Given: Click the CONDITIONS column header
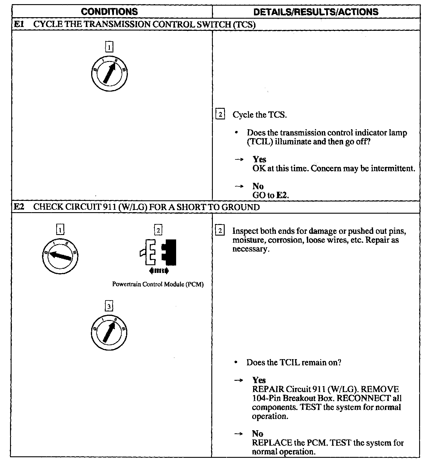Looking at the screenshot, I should click(x=109, y=12).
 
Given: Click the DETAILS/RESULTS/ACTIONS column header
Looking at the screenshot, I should click(x=316, y=12).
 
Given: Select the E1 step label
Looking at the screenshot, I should click(x=19, y=24).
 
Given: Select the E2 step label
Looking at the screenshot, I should click(x=19, y=207).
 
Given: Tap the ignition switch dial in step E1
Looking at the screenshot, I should click(x=109, y=73).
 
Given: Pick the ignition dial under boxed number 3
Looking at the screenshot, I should click(x=109, y=331).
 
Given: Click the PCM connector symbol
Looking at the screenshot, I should click(x=158, y=252).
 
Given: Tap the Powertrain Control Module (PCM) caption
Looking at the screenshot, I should click(x=158, y=284).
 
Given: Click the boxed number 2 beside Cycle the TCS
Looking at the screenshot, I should click(x=220, y=114).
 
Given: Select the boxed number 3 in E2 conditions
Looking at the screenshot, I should click(x=109, y=306).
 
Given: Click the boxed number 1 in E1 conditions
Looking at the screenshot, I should click(x=109, y=47).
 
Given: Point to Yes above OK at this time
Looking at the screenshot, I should click(x=259, y=159).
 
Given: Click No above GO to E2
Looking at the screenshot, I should click(x=258, y=186).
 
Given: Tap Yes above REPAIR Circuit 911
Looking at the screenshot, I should click(x=259, y=380).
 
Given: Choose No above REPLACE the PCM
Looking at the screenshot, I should click(x=258, y=434).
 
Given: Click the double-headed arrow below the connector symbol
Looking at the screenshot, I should click(x=158, y=270).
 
